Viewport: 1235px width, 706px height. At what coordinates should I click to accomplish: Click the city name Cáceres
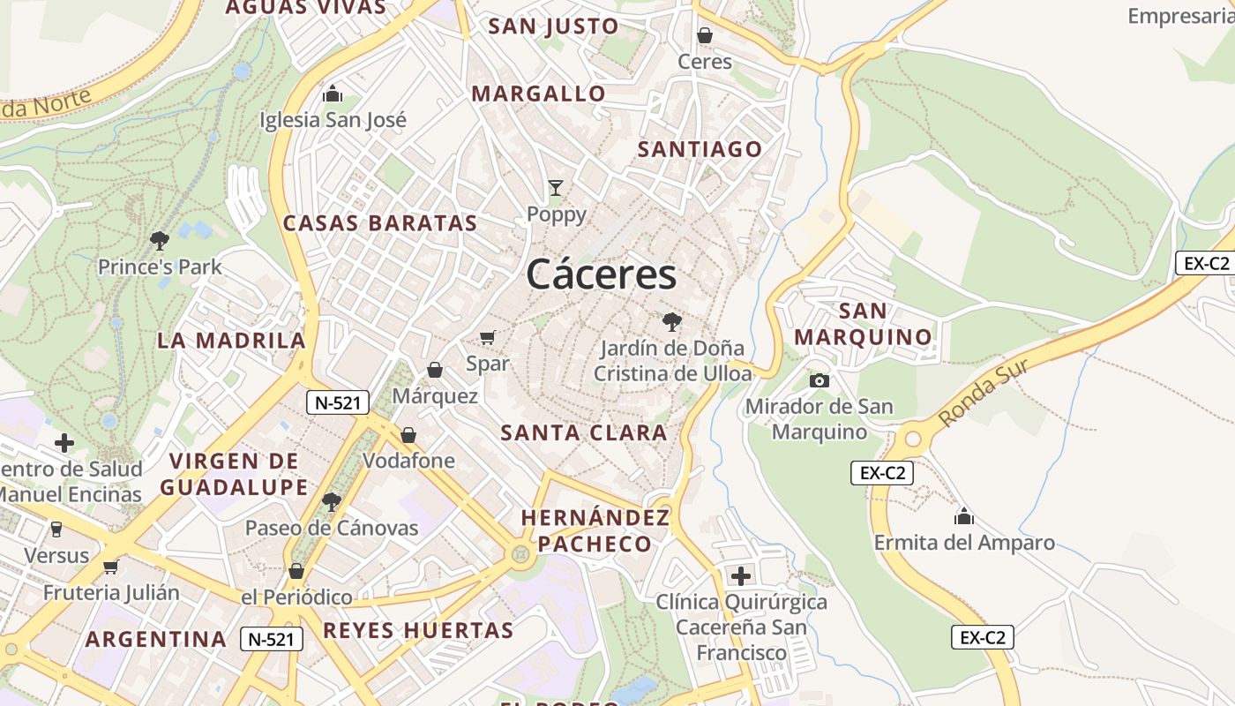click(x=602, y=274)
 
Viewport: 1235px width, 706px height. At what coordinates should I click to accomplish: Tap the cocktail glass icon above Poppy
click(x=555, y=187)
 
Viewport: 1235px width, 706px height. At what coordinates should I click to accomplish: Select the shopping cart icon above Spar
click(x=488, y=336)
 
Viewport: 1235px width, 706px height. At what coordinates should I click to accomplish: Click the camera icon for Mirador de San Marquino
click(x=820, y=380)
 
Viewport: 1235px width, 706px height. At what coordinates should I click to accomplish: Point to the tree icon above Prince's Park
click(x=160, y=240)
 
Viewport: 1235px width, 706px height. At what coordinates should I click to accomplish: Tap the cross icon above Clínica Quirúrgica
click(x=741, y=576)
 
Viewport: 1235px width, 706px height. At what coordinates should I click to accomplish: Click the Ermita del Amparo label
click(x=964, y=542)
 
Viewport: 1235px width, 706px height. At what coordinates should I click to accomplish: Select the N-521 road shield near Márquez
click(x=337, y=403)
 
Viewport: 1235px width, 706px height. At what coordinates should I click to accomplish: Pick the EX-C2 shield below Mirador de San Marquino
click(x=882, y=473)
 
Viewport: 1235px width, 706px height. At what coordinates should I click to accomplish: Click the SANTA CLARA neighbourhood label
click(x=584, y=433)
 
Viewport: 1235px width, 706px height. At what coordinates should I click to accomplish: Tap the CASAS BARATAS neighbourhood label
click(x=379, y=223)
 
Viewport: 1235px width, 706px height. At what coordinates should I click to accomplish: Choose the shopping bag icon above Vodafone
click(x=408, y=435)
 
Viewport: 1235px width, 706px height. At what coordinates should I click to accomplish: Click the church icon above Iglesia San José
click(x=333, y=93)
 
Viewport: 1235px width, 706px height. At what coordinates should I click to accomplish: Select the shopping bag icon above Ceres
click(x=705, y=35)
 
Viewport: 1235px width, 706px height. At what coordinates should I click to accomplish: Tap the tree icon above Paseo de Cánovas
click(x=332, y=502)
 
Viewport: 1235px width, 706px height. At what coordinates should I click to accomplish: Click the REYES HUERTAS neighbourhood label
click(x=418, y=630)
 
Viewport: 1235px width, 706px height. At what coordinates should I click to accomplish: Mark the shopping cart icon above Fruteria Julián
click(x=110, y=567)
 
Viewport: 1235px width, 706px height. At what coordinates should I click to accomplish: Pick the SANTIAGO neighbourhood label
click(x=700, y=149)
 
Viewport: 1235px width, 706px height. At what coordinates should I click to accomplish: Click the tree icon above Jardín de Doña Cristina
click(x=672, y=321)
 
